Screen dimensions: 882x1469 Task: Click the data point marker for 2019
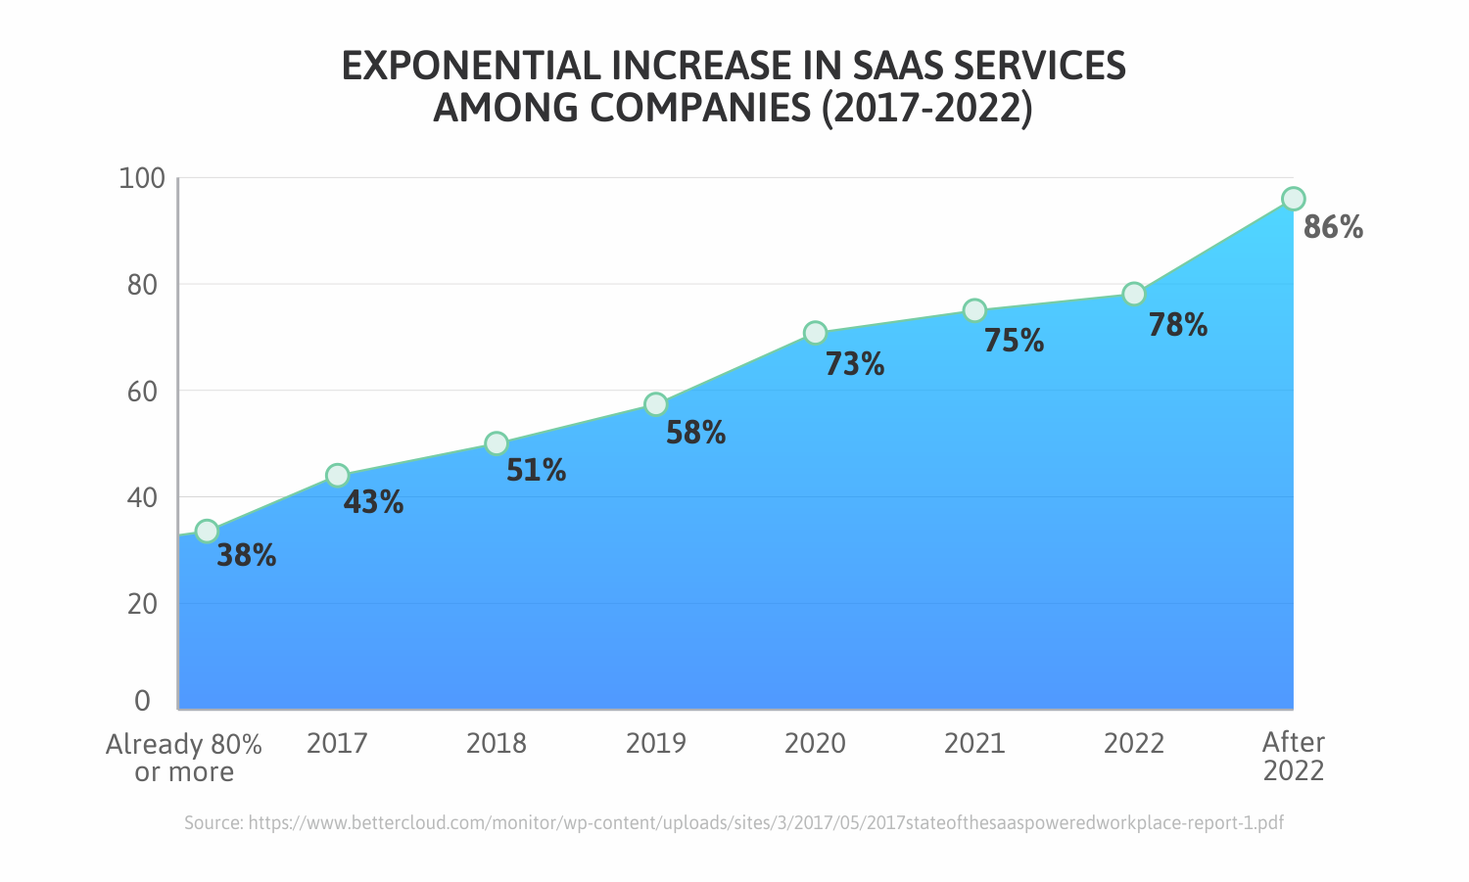point(656,404)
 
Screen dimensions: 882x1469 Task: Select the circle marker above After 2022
point(1293,199)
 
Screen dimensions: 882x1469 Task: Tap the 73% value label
point(854,364)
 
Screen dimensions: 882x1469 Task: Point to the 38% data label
point(246,556)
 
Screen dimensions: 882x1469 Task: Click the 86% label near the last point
point(1333,228)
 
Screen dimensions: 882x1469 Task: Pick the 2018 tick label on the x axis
point(496,744)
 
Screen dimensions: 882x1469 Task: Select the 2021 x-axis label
point(973,744)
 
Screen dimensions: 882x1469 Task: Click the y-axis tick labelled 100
point(141,179)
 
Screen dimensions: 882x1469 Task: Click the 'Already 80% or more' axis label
point(184,758)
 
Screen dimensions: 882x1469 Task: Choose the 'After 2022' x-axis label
point(1293,757)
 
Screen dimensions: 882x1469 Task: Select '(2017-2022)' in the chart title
point(926,108)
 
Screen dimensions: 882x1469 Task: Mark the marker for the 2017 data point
point(337,476)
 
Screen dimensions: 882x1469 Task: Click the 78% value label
point(1177,325)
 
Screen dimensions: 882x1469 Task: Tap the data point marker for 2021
point(974,310)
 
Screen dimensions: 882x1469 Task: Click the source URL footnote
point(734,823)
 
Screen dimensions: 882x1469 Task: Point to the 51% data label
point(536,471)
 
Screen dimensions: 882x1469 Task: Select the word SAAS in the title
point(899,67)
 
